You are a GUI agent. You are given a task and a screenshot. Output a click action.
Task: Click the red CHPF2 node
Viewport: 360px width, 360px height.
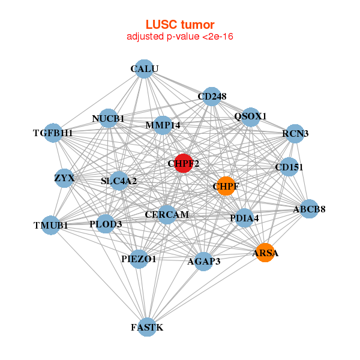coord(183,163)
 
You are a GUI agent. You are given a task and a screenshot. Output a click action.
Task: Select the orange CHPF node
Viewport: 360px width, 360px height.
coord(226,186)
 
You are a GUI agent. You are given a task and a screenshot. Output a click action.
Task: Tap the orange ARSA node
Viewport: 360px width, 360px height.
coord(265,253)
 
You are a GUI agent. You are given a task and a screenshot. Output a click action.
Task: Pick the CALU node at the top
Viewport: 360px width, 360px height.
coord(143,69)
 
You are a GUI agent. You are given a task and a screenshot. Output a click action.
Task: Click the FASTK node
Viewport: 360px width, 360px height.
coord(147,327)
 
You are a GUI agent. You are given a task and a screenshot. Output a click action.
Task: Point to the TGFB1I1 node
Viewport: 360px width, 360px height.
coord(53,133)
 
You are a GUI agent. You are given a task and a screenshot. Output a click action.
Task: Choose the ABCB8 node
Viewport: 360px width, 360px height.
coord(309,209)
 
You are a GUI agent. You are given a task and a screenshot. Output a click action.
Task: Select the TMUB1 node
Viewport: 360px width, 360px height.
coord(51,226)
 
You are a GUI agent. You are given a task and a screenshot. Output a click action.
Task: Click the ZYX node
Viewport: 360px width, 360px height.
coord(64,178)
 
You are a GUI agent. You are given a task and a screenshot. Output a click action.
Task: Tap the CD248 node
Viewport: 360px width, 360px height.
coord(211,96)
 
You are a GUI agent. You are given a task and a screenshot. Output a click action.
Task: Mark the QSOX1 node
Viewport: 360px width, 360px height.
coord(250,116)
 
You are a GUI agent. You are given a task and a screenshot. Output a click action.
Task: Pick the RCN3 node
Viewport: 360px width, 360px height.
coord(295,134)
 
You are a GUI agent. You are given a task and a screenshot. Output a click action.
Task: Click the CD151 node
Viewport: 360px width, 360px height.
coord(289,167)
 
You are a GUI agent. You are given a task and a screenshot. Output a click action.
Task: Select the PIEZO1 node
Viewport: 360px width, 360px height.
coord(139,259)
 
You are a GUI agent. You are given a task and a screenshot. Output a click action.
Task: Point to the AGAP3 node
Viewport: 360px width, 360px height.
coord(204,261)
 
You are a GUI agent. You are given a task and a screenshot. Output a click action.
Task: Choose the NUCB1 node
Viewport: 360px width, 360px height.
coord(109,118)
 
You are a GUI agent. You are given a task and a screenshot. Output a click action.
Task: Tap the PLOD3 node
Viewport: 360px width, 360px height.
coord(106,224)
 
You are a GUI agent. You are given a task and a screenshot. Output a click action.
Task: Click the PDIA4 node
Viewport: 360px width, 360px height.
coord(244,218)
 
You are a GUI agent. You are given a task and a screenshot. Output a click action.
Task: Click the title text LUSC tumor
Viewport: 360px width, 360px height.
coord(180,25)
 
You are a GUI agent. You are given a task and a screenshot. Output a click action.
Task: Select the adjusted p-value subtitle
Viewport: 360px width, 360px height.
coord(180,37)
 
